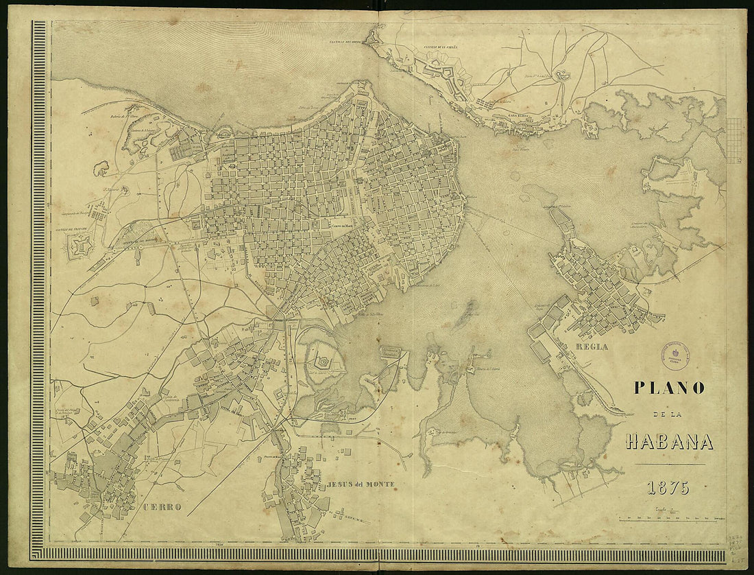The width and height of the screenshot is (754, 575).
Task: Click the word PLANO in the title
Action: pos(669,388)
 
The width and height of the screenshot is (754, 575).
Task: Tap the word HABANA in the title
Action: pos(670,442)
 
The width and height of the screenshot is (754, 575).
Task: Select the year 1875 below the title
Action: pos(668,489)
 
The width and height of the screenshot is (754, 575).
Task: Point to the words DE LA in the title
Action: pos(670,416)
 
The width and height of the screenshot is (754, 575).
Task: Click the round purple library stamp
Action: pos(673,355)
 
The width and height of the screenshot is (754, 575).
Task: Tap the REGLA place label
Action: pos(592,347)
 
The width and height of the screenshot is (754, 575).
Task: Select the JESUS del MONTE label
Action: pos(361,484)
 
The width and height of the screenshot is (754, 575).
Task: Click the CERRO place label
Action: pos(162,507)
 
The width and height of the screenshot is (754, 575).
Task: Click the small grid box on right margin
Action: pos(733,140)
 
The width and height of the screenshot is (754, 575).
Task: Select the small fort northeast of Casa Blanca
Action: pos(563,75)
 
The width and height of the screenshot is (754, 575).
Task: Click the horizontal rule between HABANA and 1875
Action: pos(670,465)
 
